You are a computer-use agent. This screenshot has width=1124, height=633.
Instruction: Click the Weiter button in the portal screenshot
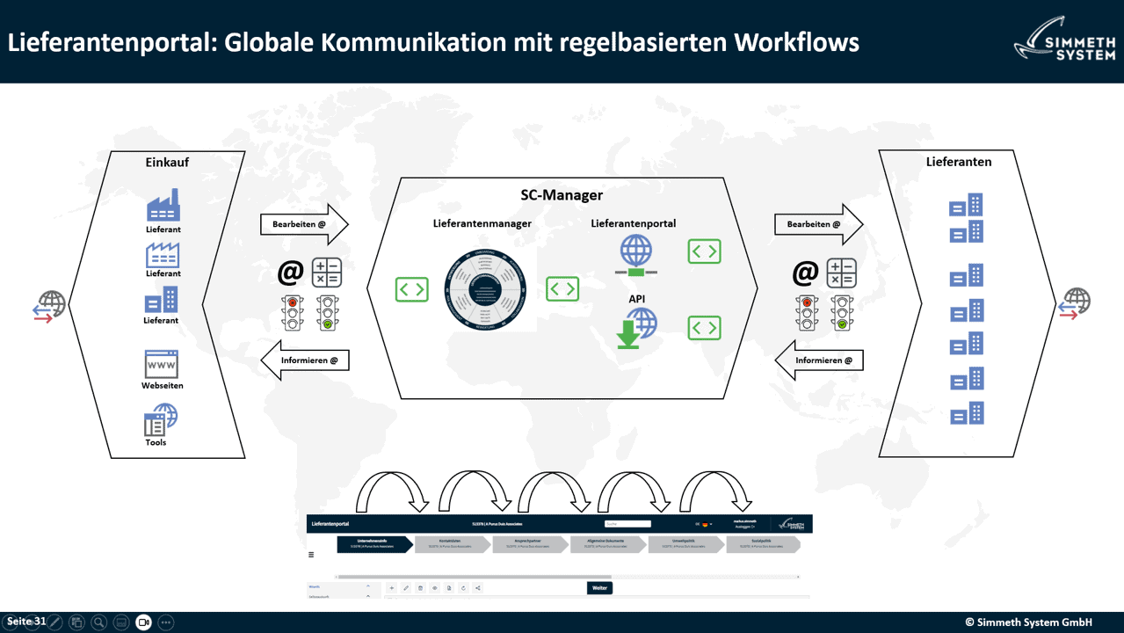click(x=599, y=587)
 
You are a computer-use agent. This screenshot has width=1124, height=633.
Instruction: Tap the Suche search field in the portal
click(x=627, y=524)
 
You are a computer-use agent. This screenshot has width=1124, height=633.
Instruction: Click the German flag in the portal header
click(x=705, y=524)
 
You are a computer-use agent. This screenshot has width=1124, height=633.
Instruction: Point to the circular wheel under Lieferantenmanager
click(x=484, y=295)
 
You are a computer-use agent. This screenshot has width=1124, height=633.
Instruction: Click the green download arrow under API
click(x=628, y=335)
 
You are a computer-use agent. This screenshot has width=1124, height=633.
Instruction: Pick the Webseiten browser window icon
click(x=162, y=364)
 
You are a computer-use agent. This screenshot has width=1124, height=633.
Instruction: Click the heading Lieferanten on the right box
click(x=958, y=162)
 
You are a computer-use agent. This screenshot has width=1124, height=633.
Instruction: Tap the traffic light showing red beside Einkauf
click(x=293, y=312)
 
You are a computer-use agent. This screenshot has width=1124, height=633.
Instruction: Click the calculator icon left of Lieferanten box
click(x=841, y=273)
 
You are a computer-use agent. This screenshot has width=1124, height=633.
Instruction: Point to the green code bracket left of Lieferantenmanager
click(x=411, y=289)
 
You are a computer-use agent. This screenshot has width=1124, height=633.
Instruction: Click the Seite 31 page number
click(x=26, y=622)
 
